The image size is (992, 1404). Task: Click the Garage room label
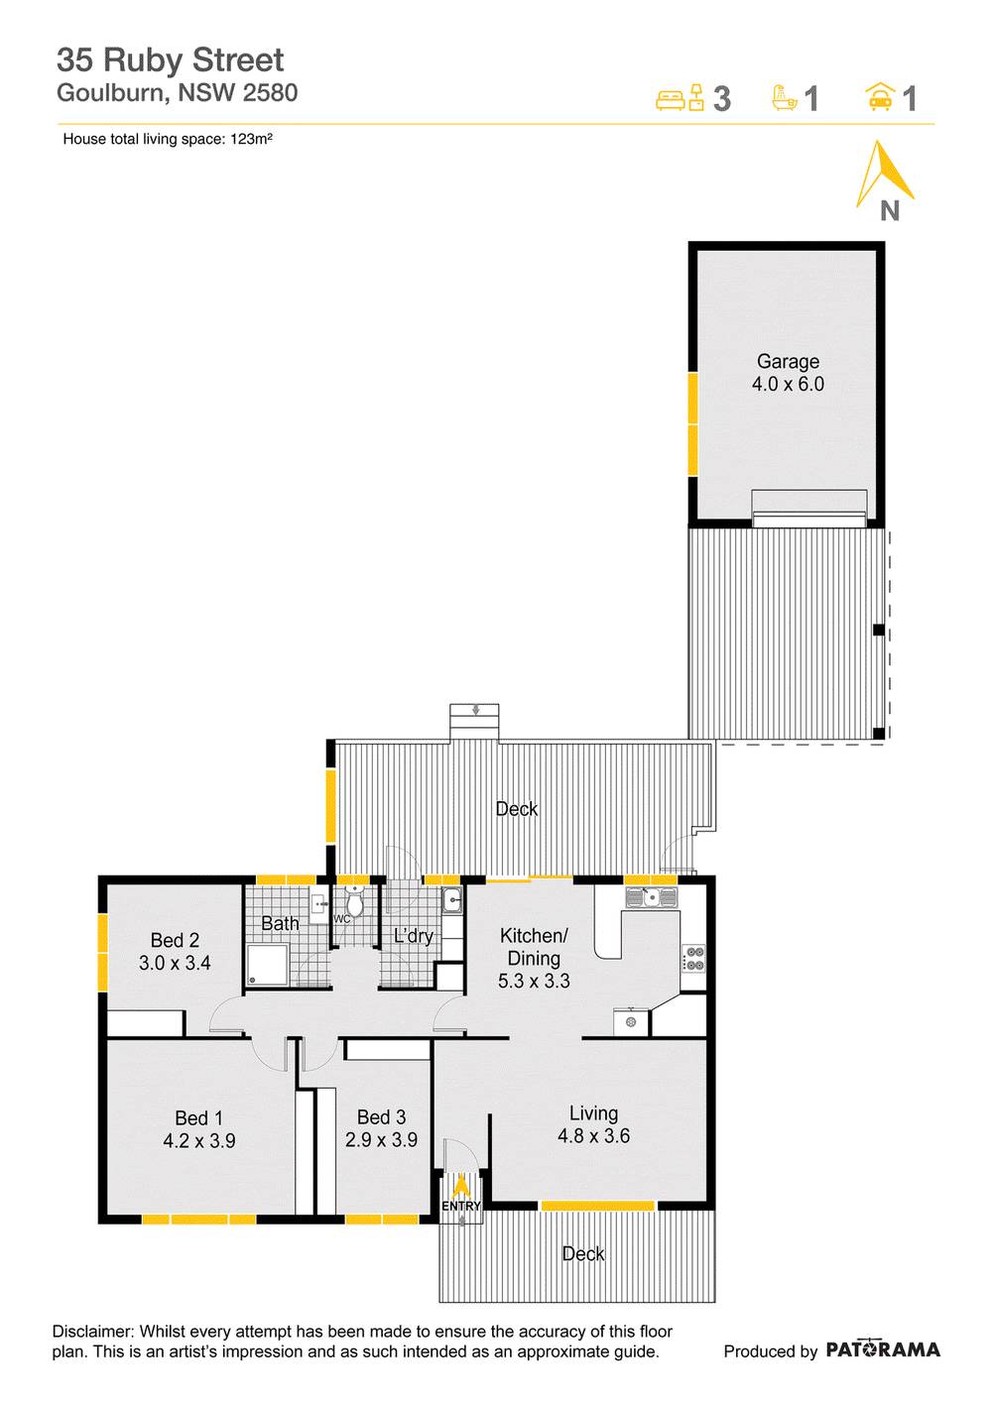pos(788,362)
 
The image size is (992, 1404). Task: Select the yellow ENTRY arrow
pos(460,1186)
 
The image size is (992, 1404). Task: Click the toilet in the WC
pos(355,904)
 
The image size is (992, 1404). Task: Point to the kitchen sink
pos(651,898)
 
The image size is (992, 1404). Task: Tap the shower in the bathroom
pos(268,966)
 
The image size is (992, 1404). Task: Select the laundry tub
pos(451,901)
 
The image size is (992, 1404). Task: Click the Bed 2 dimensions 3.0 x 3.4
pos(175,963)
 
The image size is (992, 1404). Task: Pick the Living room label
pos(593,1113)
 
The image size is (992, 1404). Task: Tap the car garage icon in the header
pos(879,97)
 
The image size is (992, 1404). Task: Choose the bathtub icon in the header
pos(785,97)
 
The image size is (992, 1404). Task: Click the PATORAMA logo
pos(882,1349)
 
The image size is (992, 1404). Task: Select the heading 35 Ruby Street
pos(170,60)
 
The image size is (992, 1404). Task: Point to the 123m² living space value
pos(252,140)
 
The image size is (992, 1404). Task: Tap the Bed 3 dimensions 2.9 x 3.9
pos(381,1140)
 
